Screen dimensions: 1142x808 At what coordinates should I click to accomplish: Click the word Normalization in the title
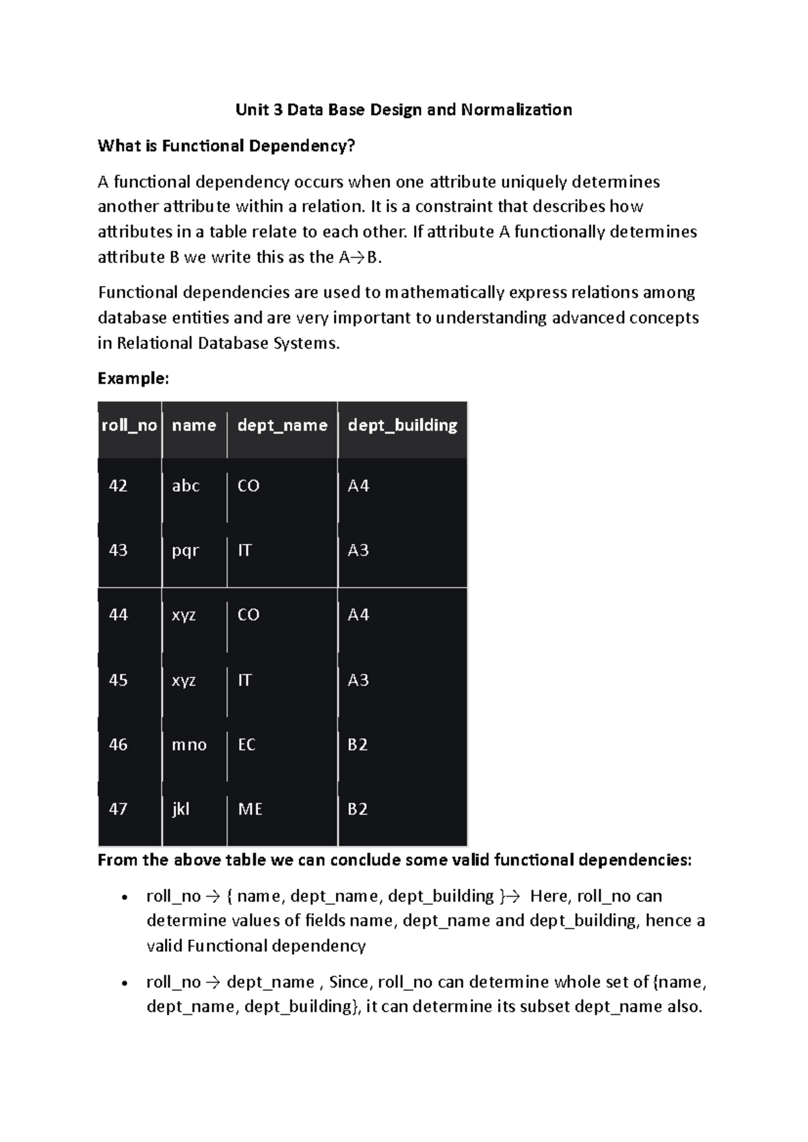click(516, 110)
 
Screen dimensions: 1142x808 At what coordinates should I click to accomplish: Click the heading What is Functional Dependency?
click(226, 146)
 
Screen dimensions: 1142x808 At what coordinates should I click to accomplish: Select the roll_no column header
click(129, 426)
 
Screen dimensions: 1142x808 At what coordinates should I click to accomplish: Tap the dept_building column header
click(402, 426)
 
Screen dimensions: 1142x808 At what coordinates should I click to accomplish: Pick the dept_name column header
click(282, 426)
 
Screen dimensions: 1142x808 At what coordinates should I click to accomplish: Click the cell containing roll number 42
click(119, 486)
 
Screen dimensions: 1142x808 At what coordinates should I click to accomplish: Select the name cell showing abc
click(186, 486)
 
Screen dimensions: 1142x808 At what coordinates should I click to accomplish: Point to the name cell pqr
click(185, 551)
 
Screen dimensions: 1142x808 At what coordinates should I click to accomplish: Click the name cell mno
click(189, 745)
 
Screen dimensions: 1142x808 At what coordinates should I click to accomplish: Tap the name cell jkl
click(180, 809)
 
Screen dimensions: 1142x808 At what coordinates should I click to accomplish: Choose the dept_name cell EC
click(246, 745)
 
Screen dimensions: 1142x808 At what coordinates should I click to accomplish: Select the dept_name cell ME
click(250, 809)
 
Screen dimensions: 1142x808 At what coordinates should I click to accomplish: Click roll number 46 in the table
click(119, 745)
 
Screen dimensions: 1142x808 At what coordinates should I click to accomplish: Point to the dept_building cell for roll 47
click(358, 809)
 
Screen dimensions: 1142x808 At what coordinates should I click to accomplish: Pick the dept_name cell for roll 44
click(248, 615)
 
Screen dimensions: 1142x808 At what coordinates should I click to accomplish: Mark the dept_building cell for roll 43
click(358, 551)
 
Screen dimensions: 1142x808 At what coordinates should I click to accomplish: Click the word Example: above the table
click(133, 378)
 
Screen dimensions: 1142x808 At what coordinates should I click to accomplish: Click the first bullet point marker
click(124, 898)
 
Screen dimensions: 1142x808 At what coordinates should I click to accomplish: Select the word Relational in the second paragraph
click(155, 343)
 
